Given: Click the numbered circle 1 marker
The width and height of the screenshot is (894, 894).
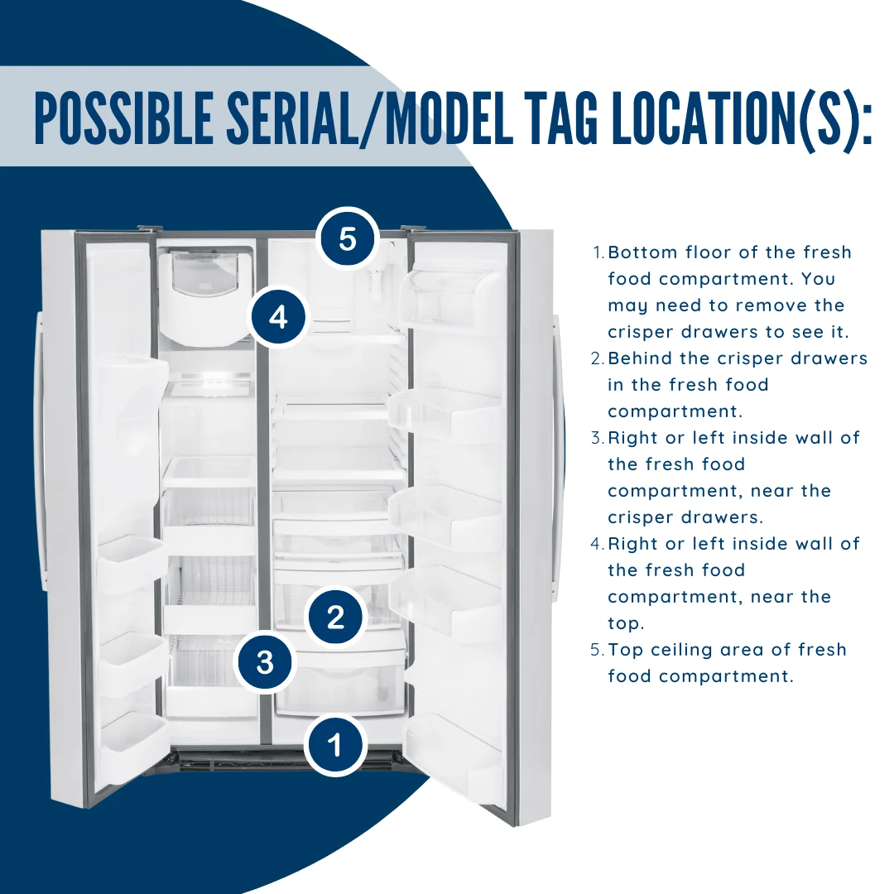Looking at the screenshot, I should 334,746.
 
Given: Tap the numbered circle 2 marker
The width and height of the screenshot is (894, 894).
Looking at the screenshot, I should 335,617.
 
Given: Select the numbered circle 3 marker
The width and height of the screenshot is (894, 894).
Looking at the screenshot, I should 265,661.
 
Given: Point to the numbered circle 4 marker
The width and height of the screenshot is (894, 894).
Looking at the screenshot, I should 279,316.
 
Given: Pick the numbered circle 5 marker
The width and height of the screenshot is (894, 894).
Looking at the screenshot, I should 348,239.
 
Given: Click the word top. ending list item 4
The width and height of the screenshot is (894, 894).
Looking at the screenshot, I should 626,623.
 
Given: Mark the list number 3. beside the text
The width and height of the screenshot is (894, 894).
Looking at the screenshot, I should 597,438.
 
